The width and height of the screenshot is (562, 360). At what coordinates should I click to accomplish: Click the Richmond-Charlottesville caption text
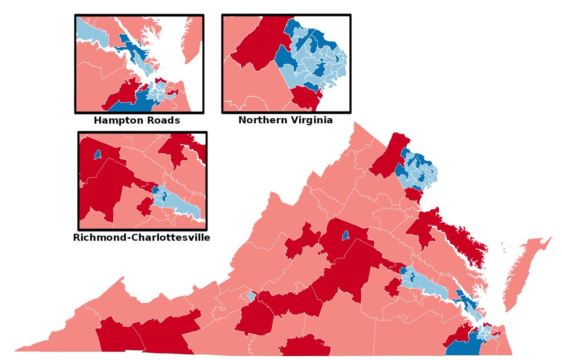pos(141,237)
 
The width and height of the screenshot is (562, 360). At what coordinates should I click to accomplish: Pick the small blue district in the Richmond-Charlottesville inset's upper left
pos(97,154)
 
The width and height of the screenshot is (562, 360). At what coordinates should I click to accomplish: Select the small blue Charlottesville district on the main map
pos(346,235)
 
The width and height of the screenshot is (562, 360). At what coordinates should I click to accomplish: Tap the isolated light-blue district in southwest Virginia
pos(251,297)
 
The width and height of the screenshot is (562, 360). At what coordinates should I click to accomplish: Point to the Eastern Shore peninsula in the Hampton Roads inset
pos(190,42)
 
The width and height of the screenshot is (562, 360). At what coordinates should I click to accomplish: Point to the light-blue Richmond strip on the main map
pos(426,284)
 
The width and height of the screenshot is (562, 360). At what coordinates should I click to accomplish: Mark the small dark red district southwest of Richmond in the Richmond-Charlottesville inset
pos(144,207)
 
